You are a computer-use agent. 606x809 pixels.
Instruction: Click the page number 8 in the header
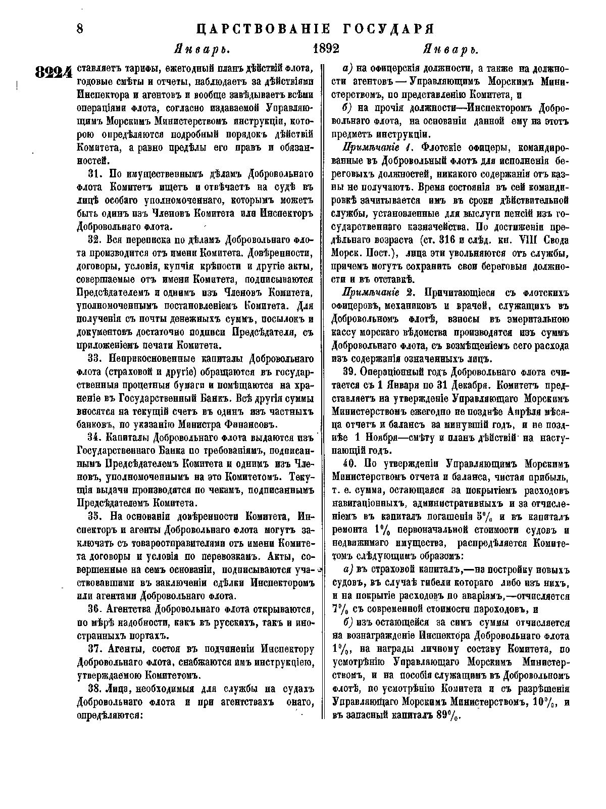80,28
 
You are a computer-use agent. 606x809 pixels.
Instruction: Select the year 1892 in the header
326,49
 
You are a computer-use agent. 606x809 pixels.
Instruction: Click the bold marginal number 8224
55,73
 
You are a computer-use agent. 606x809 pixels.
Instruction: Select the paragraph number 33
95,358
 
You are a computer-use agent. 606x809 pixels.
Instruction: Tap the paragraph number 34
95,437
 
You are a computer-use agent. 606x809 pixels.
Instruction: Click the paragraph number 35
95,516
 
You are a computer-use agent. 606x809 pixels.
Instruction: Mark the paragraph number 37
95,649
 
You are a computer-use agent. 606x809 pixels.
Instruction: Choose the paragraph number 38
95,688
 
